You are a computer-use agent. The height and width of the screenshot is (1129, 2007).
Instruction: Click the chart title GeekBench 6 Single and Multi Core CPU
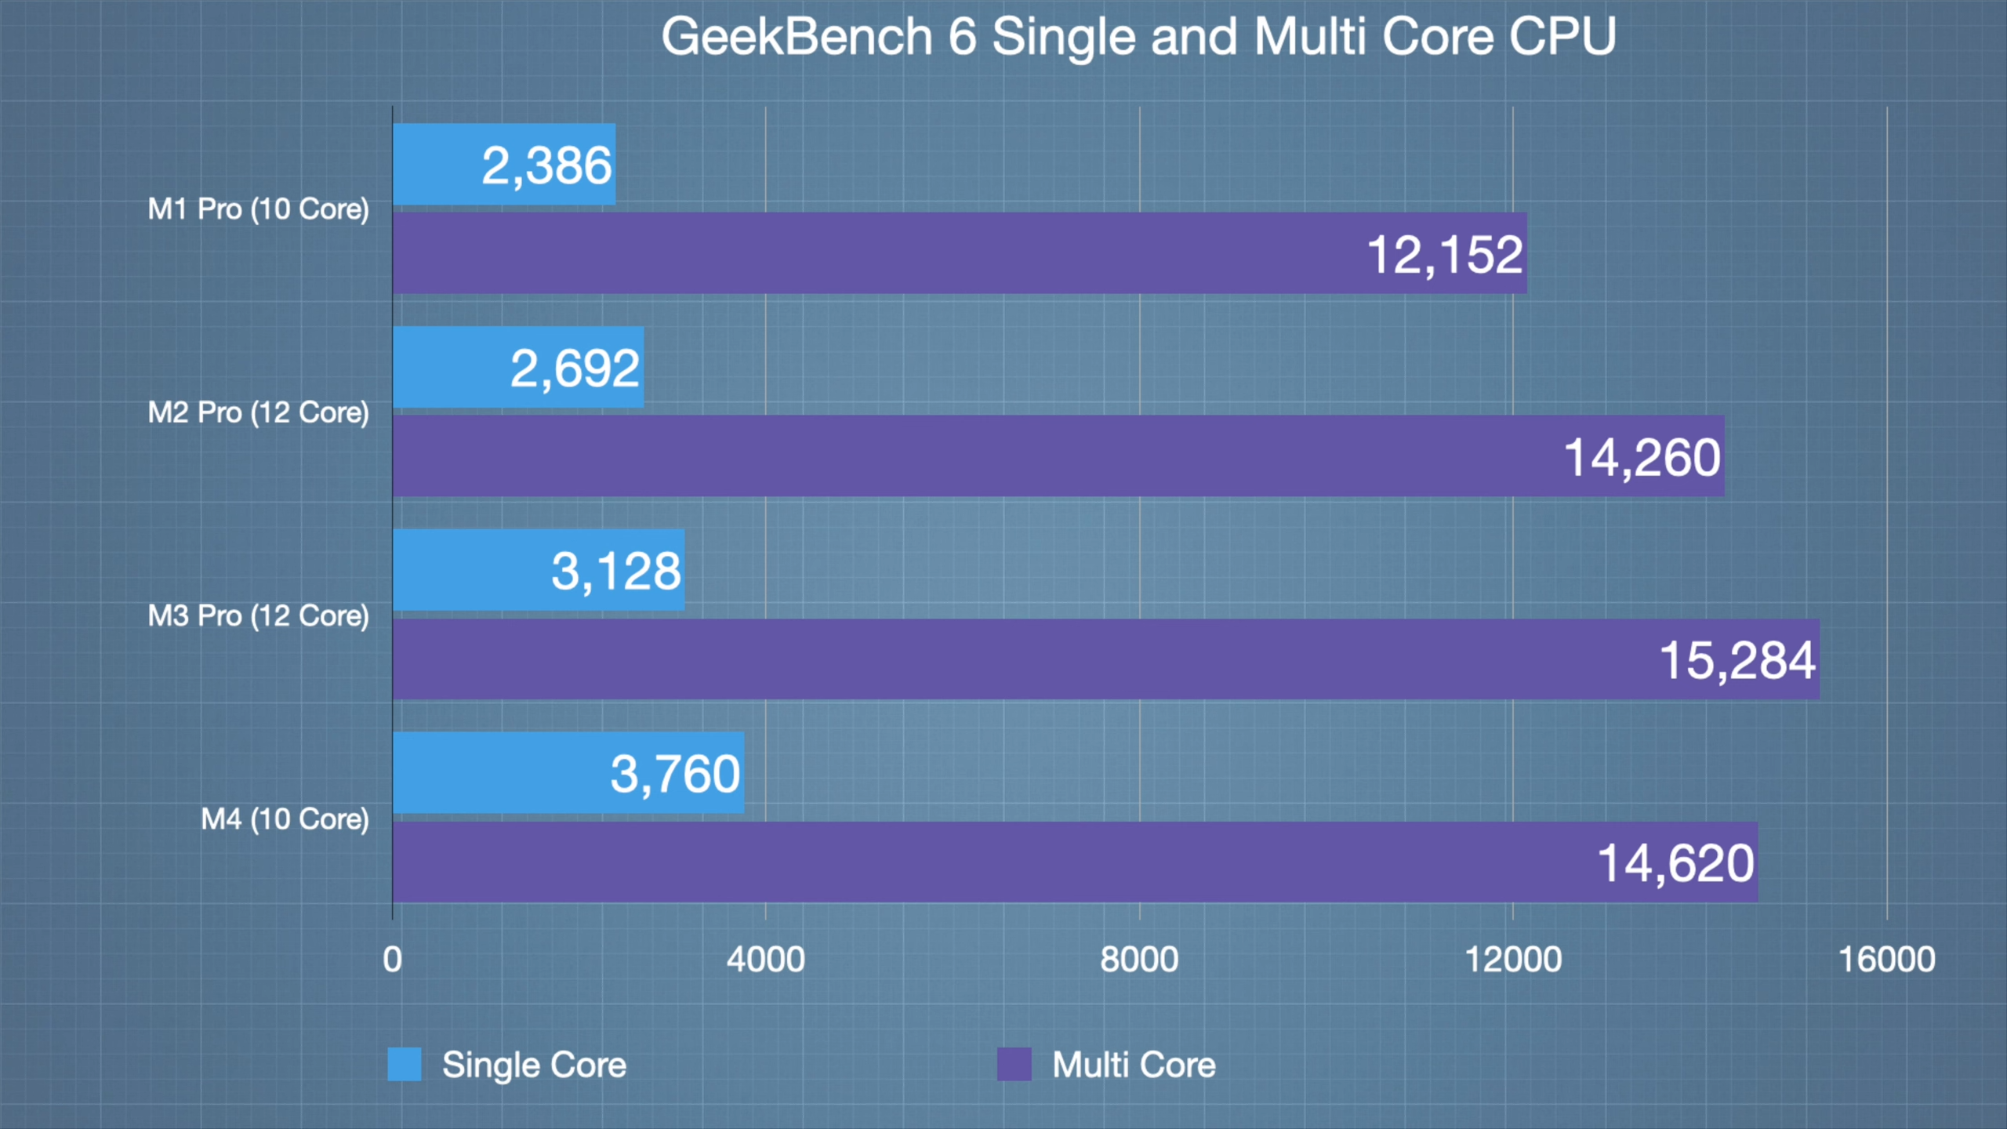click(x=1138, y=36)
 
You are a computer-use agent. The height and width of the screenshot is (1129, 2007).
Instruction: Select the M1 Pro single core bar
click(x=439, y=165)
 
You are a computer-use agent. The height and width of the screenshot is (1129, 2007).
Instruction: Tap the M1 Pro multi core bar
click(x=862, y=253)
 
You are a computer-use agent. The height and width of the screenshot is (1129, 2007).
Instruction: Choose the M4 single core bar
click(x=502, y=773)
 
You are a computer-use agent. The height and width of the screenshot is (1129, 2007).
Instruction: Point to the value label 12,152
click(x=1445, y=255)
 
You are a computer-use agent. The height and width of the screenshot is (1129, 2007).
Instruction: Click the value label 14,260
click(x=1642, y=458)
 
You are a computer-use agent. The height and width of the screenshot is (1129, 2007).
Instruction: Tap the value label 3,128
click(x=616, y=571)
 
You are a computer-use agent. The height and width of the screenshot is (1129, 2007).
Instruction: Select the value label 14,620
click(x=1676, y=863)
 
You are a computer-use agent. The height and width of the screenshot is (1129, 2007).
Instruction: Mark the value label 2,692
click(x=575, y=368)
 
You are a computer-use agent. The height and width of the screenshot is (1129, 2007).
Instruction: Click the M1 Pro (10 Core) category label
click(x=258, y=209)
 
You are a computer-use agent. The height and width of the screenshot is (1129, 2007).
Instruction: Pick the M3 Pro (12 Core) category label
click(x=258, y=616)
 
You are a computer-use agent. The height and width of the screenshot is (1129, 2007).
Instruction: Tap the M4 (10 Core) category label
click(x=285, y=819)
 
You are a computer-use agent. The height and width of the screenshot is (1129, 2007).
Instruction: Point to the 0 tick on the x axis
click(x=392, y=960)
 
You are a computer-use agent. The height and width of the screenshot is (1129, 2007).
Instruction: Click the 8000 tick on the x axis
click(x=1139, y=960)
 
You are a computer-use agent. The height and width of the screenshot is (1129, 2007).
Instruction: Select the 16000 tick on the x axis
click(x=1887, y=960)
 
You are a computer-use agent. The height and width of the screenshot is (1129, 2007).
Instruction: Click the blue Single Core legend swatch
click(x=405, y=1065)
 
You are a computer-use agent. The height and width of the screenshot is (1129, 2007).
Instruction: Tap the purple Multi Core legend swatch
click(x=1014, y=1065)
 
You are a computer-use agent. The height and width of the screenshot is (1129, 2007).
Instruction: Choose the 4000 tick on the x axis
click(x=765, y=960)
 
